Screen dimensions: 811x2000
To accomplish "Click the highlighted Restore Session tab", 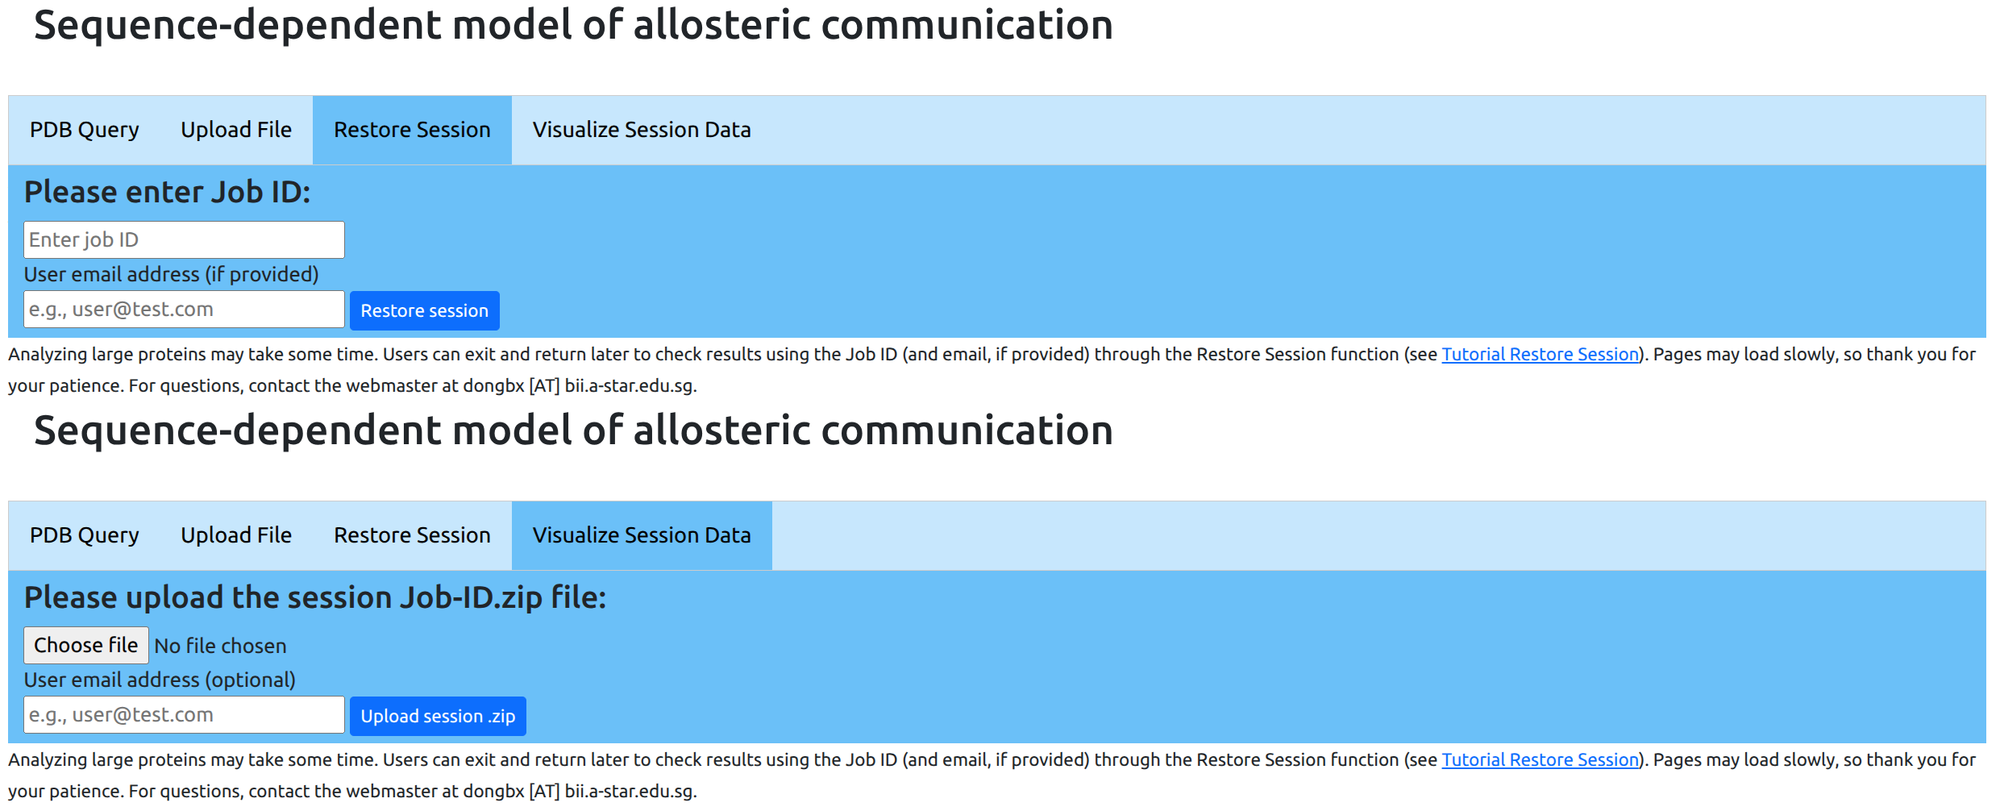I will (412, 130).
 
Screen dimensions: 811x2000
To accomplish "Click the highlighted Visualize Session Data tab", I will (642, 535).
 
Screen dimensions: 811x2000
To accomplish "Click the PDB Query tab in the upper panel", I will (85, 130).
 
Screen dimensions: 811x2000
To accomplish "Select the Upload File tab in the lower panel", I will (236, 535).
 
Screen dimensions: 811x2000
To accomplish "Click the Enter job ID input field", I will (184, 239).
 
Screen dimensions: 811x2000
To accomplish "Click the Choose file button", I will (86, 645).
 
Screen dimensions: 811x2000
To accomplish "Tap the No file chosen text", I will (220, 646).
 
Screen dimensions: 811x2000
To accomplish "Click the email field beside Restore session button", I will (184, 310).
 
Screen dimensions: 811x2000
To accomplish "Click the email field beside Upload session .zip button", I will (184, 715).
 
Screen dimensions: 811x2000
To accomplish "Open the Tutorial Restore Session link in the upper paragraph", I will (1540, 354).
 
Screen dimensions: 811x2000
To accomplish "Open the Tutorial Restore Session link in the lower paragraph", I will (1540, 759).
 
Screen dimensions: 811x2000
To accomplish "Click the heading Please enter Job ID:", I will (167, 193).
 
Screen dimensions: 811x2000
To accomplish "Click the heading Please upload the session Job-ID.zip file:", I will (315, 598).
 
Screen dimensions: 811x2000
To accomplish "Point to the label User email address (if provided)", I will (171, 275).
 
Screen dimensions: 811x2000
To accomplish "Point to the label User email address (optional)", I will (160, 680).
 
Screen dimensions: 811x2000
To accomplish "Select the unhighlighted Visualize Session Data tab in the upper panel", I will (642, 130).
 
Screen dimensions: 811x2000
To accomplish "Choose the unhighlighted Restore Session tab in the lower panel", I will (412, 535).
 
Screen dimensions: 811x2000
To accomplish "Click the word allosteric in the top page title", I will (721, 24).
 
